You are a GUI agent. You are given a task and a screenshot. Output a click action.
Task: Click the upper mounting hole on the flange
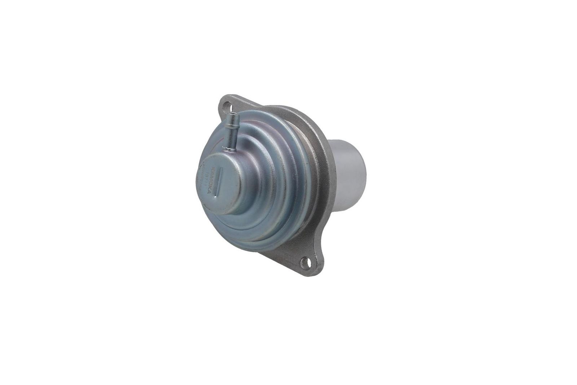[226, 106]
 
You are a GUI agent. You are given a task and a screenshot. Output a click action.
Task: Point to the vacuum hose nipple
[232, 132]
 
